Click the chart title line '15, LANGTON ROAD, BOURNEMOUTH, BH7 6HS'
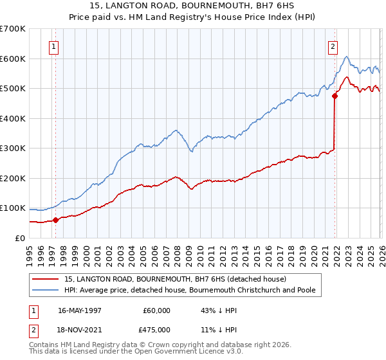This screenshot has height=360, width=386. (x=193, y=6)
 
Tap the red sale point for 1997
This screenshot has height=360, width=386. (x=55, y=220)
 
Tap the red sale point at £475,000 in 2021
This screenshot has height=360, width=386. (x=335, y=96)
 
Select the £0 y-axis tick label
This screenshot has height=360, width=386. (x=19, y=238)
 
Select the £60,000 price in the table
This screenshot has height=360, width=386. (x=157, y=310)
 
